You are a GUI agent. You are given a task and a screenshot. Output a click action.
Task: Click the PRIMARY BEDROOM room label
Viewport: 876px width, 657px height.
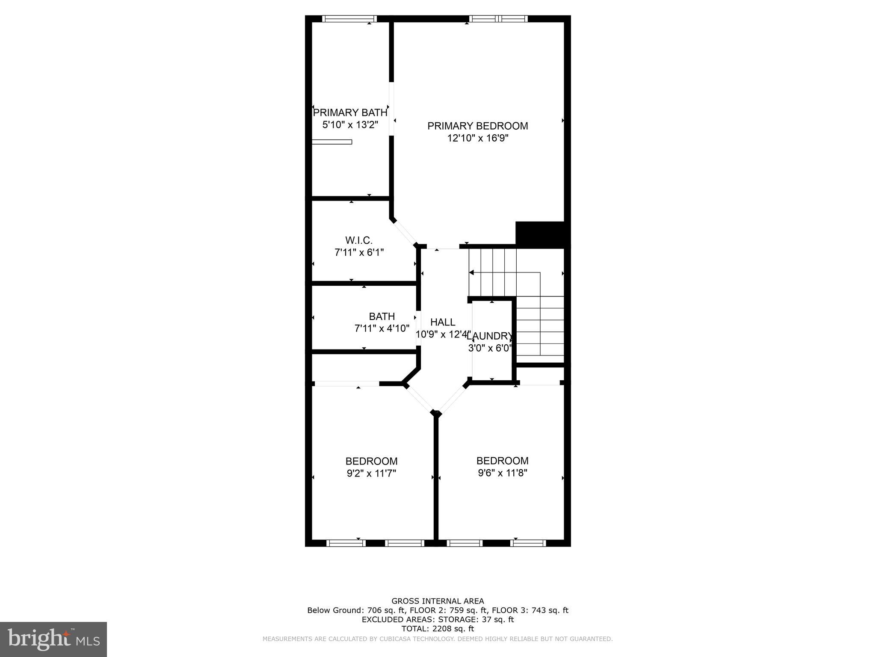point(477,126)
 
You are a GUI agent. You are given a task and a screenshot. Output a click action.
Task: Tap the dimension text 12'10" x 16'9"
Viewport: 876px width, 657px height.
point(477,138)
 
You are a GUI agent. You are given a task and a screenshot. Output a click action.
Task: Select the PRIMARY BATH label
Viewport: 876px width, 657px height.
point(350,112)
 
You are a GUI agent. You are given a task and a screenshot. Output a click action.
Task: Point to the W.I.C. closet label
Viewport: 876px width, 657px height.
point(359,240)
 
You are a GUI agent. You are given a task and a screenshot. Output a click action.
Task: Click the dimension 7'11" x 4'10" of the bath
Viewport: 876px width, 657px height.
point(382,328)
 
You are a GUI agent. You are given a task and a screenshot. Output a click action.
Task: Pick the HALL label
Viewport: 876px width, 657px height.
point(443,322)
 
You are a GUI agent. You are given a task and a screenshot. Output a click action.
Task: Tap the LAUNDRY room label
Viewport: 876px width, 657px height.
point(490,336)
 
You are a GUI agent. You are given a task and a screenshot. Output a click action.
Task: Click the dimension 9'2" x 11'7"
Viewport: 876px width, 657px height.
point(371,474)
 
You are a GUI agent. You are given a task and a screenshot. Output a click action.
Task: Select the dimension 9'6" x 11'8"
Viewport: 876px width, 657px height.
point(502,473)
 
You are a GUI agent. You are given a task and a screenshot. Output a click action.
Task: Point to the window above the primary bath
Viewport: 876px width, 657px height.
point(349,18)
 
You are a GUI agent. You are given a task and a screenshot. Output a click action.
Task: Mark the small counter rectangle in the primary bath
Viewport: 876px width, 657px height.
point(331,142)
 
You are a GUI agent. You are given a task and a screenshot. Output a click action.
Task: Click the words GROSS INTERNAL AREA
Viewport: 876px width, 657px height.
point(438,601)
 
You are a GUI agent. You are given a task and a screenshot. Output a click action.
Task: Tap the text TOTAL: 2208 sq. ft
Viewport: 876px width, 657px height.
point(438,629)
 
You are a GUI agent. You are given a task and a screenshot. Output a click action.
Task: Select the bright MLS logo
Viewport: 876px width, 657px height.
point(53,639)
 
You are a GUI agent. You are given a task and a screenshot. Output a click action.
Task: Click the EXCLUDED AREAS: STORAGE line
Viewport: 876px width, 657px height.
point(438,619)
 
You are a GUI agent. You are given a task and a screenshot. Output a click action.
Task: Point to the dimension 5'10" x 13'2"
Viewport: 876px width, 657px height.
point(350,125)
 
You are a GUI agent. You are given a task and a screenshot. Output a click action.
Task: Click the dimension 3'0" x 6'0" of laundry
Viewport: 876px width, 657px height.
point(490,348)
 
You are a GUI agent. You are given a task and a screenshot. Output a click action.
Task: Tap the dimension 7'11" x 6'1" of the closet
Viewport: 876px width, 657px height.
point(359,252)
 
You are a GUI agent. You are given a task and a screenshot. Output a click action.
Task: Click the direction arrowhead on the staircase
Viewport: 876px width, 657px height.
point(471,272)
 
